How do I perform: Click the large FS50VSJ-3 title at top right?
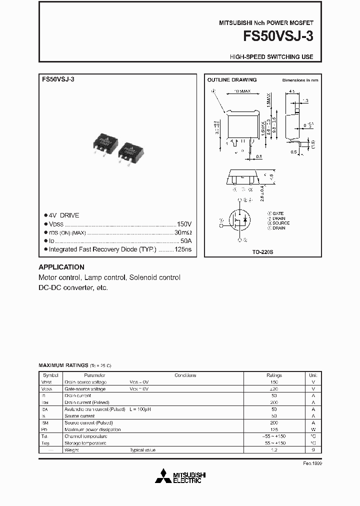pyautogui.click(x=278, y=37)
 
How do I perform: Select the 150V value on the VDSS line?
pyautogui.click(x=184, y=224)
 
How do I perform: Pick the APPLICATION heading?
pyautogui.click(x=61, y=267)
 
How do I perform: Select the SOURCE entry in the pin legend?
pyautogui.click(x=280, y=223)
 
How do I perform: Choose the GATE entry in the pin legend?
pyautogui.click(x=277, y=213)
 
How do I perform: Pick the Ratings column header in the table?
pyautogui.click(x=274, y=375)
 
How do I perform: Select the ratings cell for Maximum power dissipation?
pyautogui.click(x=274, y=429)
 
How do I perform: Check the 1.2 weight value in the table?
pyautogui.click(x=274, y=450)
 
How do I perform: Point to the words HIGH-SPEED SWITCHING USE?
pyautogui.click(x=271, y=57)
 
